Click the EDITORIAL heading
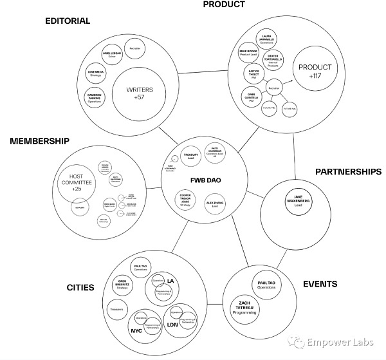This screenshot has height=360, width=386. tap(68, 21)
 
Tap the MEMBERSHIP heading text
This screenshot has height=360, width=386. tap(39, 141)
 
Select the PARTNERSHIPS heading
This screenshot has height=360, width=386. tap(348, 171)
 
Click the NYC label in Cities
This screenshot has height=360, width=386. tap(137, 330)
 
